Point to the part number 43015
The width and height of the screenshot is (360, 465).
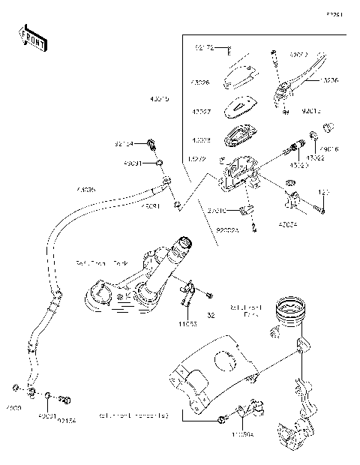tap(160, 98)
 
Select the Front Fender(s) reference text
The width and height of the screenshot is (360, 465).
tap(133, 415)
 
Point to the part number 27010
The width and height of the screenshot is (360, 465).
tap(217, 212)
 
